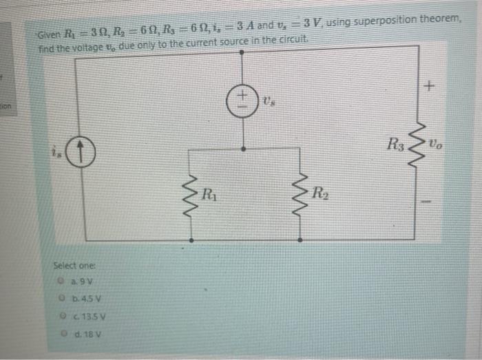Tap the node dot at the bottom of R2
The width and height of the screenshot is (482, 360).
tap(302, 240)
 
